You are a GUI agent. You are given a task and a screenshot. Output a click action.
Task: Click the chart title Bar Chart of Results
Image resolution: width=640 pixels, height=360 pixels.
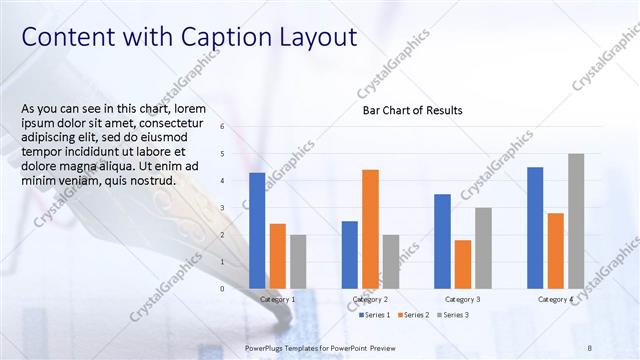412,110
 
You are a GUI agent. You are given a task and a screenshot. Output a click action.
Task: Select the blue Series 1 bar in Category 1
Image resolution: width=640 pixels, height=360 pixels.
257,230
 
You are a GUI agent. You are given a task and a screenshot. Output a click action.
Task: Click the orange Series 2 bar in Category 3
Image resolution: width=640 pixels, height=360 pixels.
463,263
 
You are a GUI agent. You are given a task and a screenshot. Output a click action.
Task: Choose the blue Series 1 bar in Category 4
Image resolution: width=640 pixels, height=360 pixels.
535,227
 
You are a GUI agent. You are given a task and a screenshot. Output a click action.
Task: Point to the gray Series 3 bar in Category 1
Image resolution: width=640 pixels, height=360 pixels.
298,261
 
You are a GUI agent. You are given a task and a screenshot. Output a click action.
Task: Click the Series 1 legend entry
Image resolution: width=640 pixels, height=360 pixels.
374,315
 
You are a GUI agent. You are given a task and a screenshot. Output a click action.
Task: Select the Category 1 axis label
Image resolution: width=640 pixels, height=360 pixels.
277,299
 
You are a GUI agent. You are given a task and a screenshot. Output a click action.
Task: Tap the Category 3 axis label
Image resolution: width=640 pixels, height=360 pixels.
463,299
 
